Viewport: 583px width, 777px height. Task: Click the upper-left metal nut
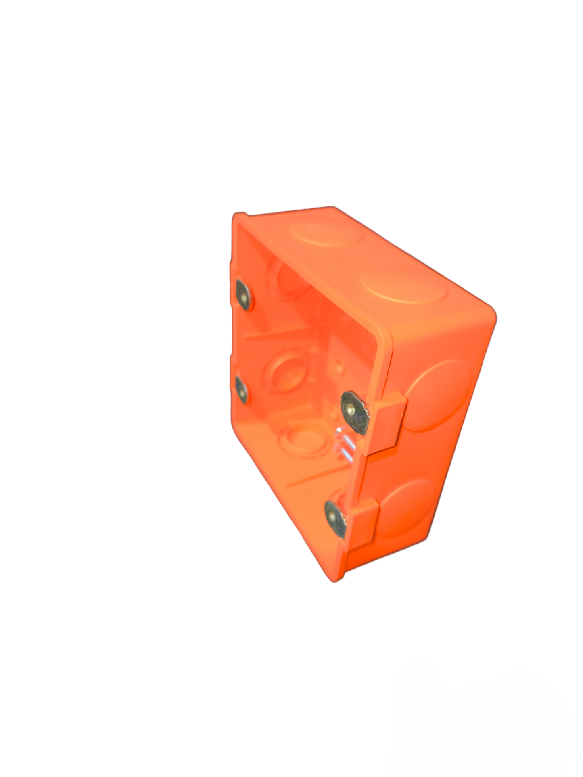pos(243,295)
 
